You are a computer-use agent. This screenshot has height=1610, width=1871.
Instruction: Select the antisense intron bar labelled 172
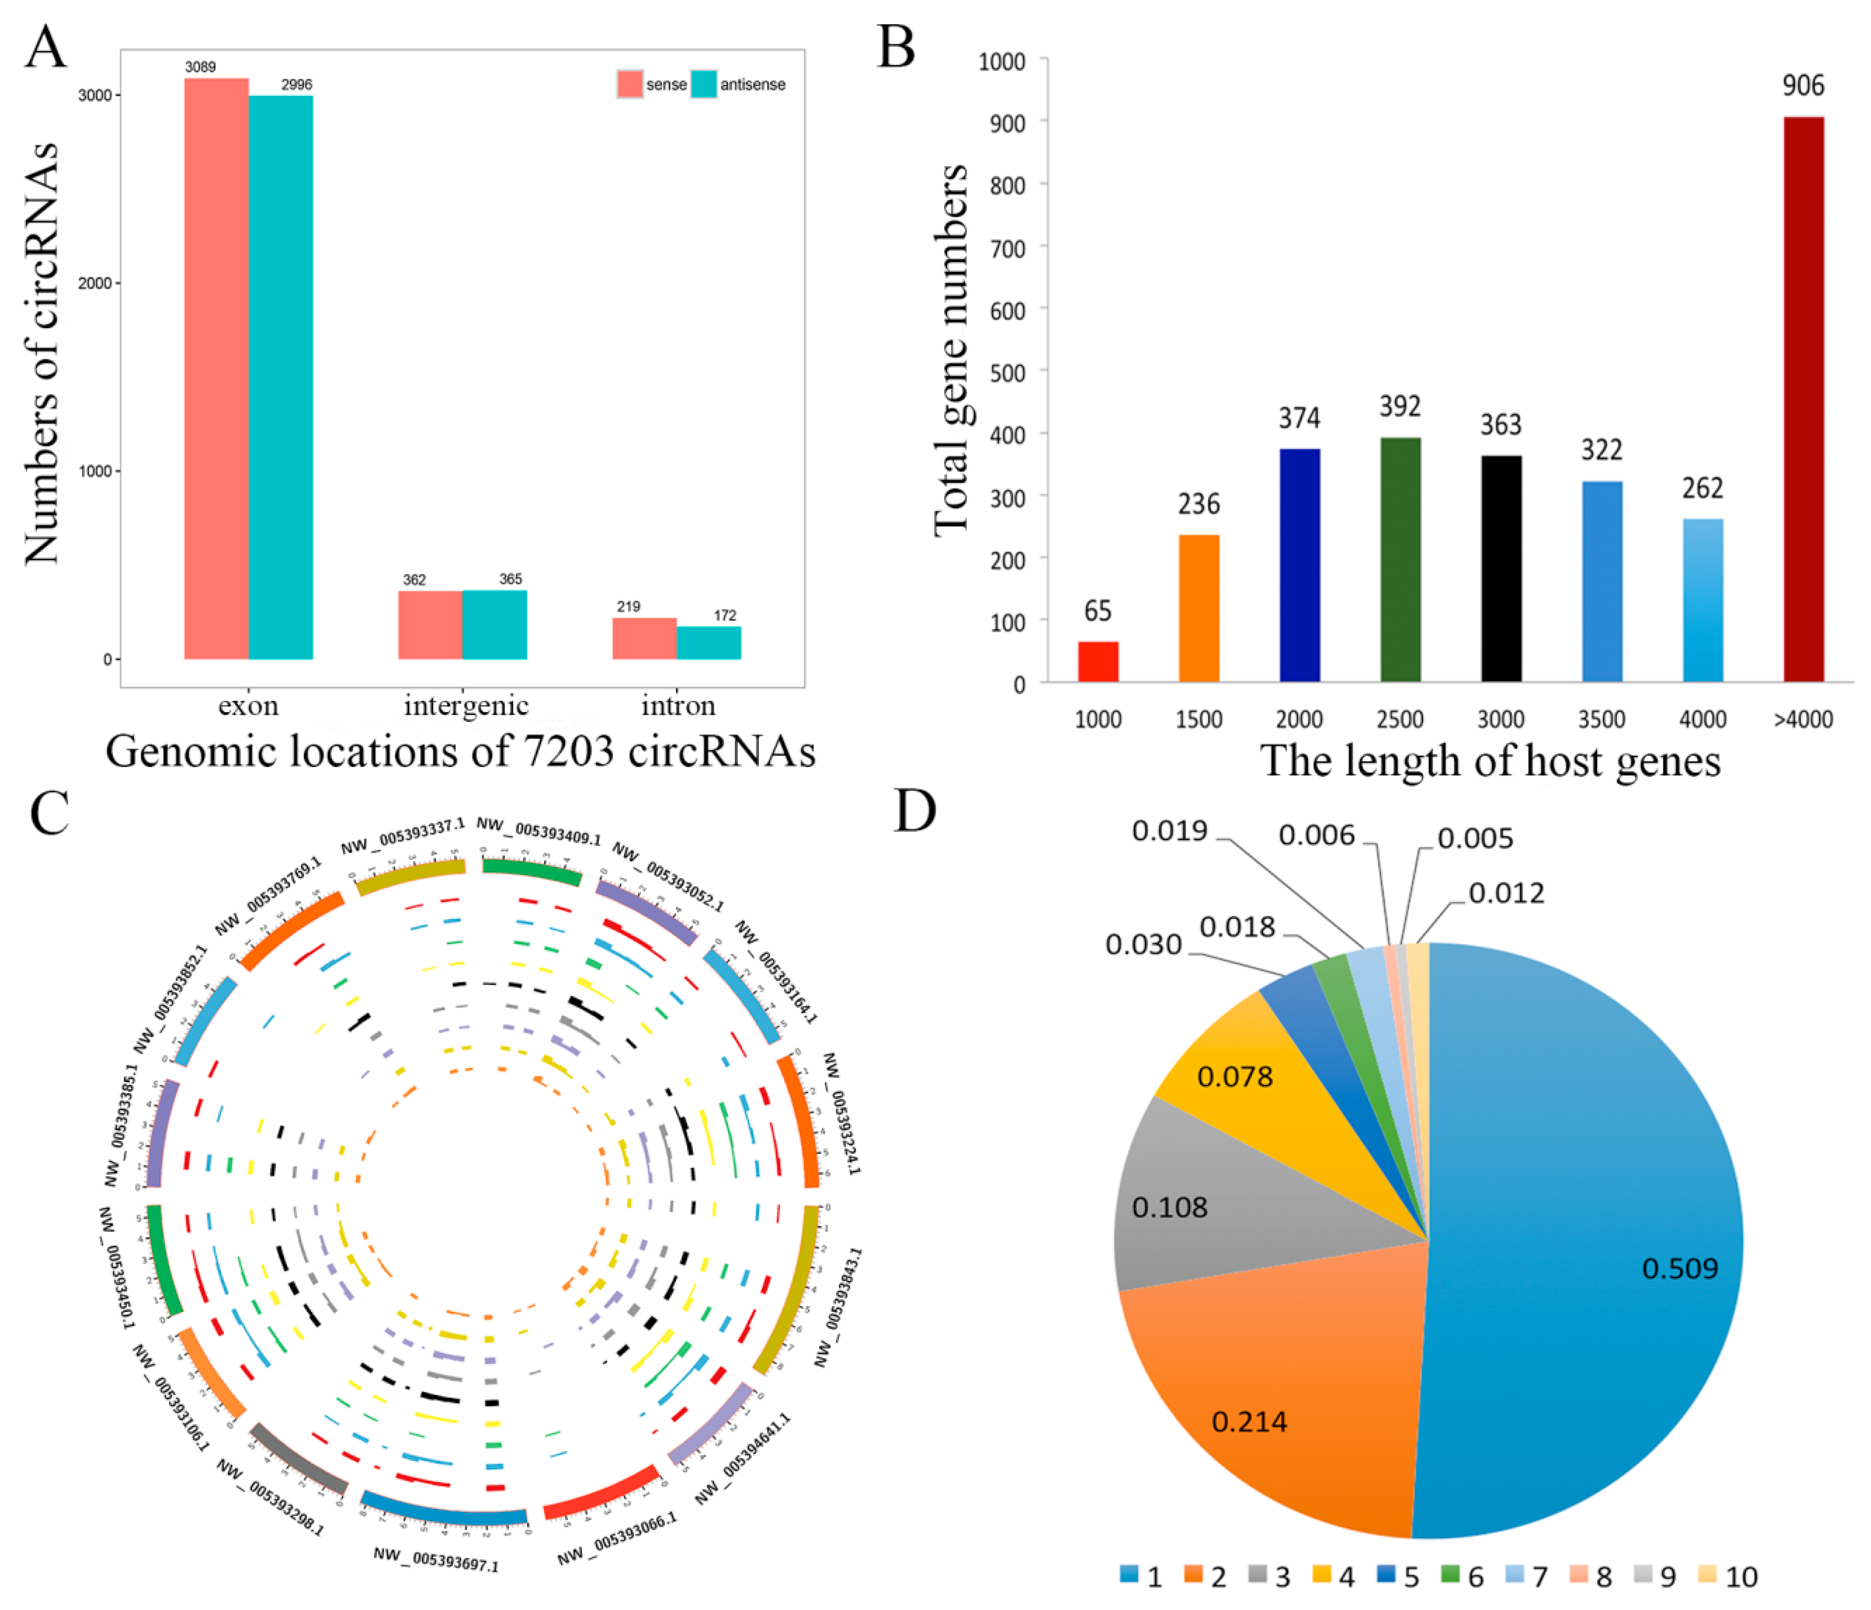click(709, 643)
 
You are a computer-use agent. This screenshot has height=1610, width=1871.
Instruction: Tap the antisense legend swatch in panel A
click(703, 84)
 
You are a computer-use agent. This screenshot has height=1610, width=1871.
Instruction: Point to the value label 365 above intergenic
click(510, 579)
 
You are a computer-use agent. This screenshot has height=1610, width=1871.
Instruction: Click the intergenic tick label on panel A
click(466, 705)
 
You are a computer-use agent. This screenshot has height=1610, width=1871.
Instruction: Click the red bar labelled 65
click(1098, 661)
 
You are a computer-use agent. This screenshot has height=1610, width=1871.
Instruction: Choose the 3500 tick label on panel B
click(1601, 720)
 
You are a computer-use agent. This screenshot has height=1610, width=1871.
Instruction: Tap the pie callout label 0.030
click(1143, 945)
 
